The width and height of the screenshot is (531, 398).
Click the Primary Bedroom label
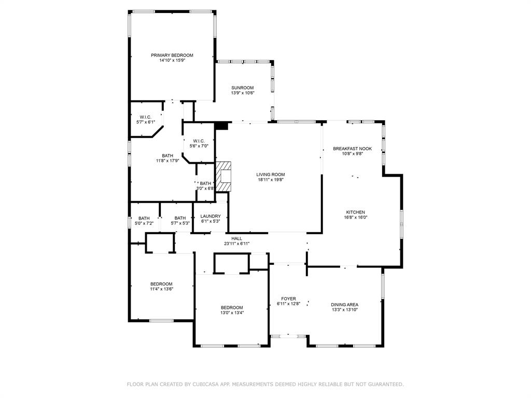click(x=172, y=55)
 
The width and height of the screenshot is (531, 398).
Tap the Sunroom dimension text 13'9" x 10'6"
click(x=243, y=93)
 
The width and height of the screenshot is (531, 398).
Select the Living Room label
click(x=271, y=175)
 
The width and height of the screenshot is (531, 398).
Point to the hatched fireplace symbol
click(x=223, y=176)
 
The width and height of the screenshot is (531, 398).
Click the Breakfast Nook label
click(x=352, y=149)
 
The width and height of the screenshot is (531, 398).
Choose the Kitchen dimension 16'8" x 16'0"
click(x=356, y=217)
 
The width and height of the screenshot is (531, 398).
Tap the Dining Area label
click(x=344, y=305)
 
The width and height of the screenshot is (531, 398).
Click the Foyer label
click(x=288, y=299)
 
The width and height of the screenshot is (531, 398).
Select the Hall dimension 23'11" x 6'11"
click(x=236, y=244)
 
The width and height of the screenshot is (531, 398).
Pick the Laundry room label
click(x=211, y=216)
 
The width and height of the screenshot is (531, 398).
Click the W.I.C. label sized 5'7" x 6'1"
click(x=146, y=117)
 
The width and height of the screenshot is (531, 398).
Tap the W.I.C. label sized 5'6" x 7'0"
click(x=199, y=141)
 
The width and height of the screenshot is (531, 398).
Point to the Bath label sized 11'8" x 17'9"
click(x=167, y=155)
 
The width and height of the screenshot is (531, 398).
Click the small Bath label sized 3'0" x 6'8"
click(x=205, y=183)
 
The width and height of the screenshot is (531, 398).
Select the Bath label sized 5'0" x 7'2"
click(x=144, y=218)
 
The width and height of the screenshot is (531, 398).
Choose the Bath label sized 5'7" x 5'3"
click(x=180, y=218)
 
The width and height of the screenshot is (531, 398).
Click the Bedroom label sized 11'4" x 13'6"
click(x=162, y=284)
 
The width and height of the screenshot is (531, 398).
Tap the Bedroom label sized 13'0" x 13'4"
click(x=232, y=308)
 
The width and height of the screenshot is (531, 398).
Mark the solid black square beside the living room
click(x=221, y=125)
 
